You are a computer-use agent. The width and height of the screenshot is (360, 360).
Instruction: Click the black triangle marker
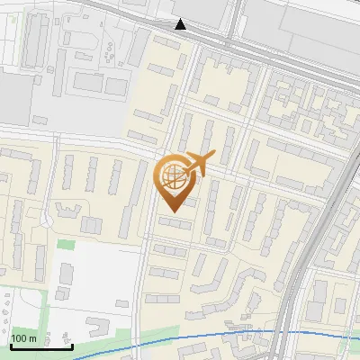[181, 24]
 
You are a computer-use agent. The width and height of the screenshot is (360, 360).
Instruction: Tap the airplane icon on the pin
[198, 164]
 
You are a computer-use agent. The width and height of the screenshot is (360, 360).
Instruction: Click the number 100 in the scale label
[20, 337]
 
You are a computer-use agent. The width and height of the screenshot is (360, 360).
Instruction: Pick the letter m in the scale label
[32, 337]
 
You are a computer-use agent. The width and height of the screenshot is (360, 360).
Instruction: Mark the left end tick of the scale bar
[11, 344]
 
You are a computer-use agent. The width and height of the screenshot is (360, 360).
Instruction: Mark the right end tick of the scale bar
[72, 344]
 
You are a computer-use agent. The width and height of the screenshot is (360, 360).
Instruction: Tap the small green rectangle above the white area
[64, 244]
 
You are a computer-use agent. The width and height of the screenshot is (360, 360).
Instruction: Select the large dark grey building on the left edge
[13, 99]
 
